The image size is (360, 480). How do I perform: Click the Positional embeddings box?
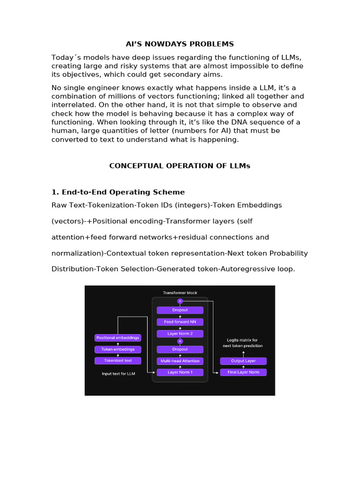(x=118, y=337)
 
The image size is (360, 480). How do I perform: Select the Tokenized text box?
(x=118, y=360)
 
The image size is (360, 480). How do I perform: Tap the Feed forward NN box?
(x=180, y=322)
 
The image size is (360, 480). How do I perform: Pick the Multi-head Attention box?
(x=180, y=361)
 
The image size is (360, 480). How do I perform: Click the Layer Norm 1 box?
(x=180, y=372)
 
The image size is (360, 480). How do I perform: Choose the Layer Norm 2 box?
(x=180, y=334)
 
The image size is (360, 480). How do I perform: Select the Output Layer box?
(x=243, y=361)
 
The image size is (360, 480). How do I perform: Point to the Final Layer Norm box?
(x=243, y=372)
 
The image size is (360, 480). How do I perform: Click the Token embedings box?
(x=118, y=349)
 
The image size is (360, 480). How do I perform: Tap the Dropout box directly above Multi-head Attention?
(x=180, y=349)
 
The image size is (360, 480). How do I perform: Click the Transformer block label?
(x=180, y=293)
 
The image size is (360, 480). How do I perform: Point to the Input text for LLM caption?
(x=118, y=374)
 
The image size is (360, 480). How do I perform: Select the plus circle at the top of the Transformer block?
(x=180, y=301)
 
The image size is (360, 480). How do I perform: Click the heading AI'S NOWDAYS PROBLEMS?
(x=180, y=44)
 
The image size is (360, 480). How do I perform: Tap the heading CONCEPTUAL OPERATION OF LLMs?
(x=180, y=166)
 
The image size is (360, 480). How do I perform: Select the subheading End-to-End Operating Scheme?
(x=123, y=192)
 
